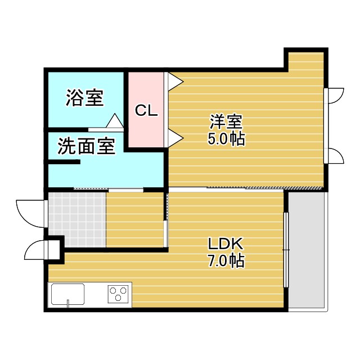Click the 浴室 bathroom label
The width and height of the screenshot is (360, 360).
84,98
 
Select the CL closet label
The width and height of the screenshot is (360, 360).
146,111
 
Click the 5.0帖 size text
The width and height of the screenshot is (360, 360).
226,139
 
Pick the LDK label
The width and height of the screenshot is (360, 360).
225,244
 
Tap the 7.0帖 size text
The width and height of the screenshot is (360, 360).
225,261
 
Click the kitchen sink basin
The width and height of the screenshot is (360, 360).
68,294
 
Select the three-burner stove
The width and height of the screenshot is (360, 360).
119,294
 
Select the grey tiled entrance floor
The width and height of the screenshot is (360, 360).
76,219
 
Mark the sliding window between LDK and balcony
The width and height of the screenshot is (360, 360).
286,250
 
